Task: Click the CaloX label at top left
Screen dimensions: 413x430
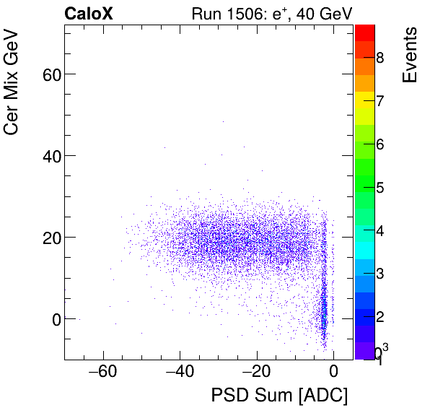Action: point(88,14)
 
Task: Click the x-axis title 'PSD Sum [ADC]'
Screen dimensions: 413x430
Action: point(278,396)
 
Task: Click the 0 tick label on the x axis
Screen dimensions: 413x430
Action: point(333,372)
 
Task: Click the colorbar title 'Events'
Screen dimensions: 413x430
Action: point(410,56)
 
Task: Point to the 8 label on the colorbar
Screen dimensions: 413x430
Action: point(379,58)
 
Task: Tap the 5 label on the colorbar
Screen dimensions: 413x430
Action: point(379,188)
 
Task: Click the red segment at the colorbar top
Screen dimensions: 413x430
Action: point(364,31)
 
